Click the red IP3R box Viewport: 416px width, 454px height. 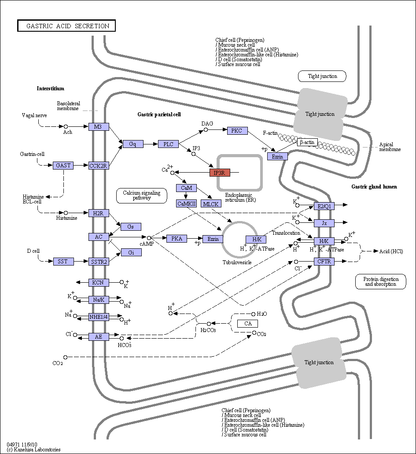coord(220,173)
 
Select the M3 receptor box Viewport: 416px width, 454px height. coord(99,126)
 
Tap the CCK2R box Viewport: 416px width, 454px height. coord(99,166)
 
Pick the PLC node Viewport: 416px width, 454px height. coord(168,144)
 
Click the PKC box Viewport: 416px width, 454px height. coord(237,131)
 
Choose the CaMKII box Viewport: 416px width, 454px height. coord(187,203)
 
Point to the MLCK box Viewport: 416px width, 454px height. coord(211,203)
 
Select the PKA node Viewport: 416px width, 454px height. coord(177,239)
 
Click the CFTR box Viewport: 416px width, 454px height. coord(324,262)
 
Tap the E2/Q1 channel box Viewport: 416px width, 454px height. coord(324,206)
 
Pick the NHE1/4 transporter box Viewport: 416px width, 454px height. coord(99,317)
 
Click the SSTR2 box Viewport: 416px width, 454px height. coord(99,262)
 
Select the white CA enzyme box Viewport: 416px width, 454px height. coord(247,323)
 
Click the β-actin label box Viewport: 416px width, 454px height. coord(307,142)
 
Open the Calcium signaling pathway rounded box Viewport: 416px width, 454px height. coord(142,196)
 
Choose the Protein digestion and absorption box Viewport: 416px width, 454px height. coord(381,281)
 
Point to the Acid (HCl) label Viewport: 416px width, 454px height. coord(391,251)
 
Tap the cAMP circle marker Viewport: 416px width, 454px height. coord(149,238)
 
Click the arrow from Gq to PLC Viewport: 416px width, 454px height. coord(151,144)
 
